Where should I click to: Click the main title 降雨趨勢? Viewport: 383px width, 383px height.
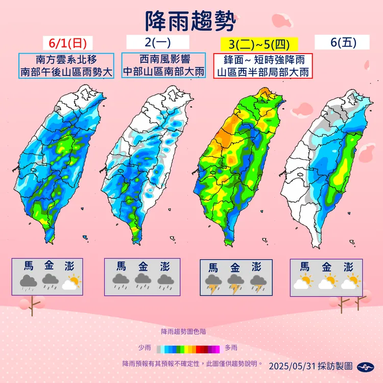point(192,20)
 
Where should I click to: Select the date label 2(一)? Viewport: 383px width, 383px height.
point(157,42)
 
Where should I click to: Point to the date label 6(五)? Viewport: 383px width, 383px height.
point(343,42)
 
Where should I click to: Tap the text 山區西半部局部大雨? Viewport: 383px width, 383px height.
point(263,71)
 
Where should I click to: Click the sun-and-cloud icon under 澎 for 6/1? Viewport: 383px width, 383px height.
point(71,282)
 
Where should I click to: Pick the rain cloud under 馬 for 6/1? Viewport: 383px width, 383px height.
point(28,282)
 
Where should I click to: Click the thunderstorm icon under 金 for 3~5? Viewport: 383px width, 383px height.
point(235,283)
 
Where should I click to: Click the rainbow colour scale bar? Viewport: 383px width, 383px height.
point(188,349)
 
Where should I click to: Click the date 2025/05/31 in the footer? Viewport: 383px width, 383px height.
point(290,366)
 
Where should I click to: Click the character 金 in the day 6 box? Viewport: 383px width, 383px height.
point(326,266)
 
